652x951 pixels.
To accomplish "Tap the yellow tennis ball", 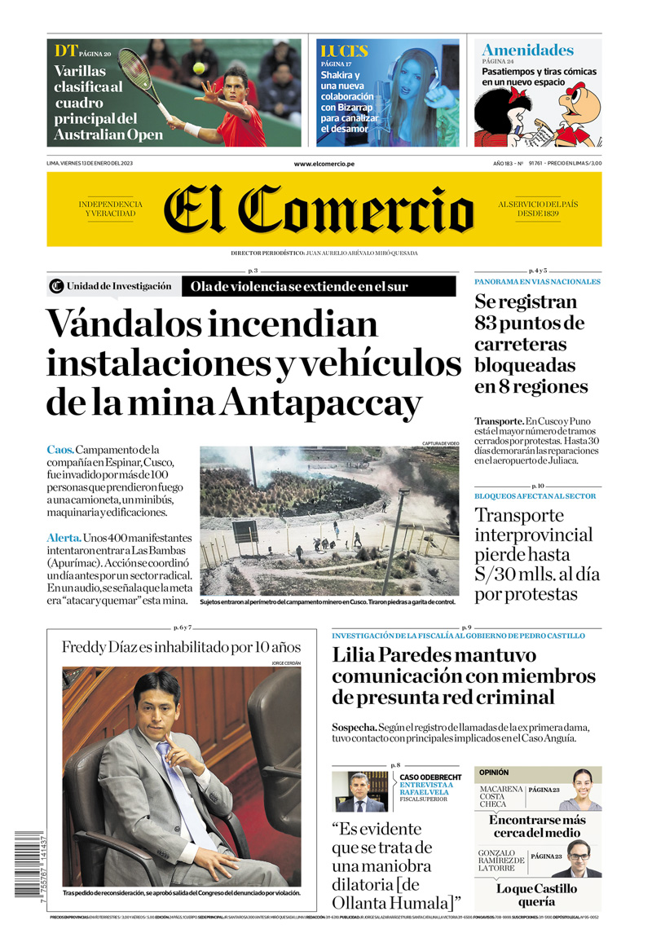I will point(198,68).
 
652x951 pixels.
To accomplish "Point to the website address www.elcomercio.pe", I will point(324,164).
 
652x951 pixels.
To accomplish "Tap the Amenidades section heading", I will point(527,50).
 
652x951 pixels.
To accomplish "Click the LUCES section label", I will point(343,51).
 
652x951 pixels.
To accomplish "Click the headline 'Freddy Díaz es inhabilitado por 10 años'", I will point(181,647).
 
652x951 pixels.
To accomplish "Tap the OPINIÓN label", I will point(494,772).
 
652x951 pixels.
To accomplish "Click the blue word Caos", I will point(60,450).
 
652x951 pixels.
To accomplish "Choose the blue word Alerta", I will point(64,538).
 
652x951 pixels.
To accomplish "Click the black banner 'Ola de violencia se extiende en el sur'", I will point(318,286).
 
